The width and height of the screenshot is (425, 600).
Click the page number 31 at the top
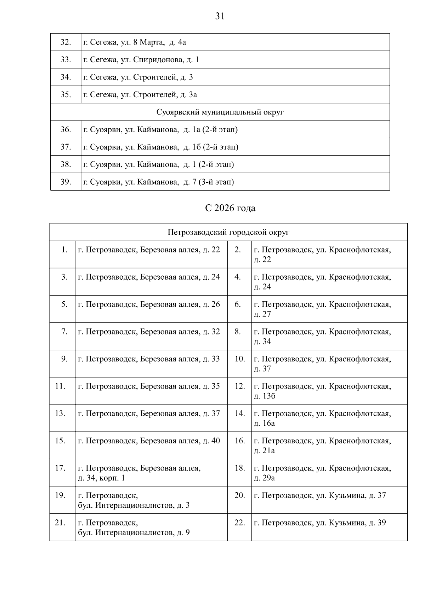(x=220, y=16)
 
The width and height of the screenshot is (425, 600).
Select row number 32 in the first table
(x=66, y=42)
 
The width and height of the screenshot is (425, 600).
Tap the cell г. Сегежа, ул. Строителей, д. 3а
(x=140, y=95)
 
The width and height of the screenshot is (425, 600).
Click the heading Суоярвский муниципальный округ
(x=220, y=112)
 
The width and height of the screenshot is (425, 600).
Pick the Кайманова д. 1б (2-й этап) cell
(x=161, y=147)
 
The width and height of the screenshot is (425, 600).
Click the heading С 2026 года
(x=230, y=208)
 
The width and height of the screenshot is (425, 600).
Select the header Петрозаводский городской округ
(x=228, y=232)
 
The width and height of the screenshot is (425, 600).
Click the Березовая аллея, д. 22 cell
(x=149, y=250)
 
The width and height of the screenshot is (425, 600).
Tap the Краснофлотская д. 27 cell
(x=322, y=309)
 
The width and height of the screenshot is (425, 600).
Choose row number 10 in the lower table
(x=240, y=359)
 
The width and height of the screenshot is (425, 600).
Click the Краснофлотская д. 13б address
(x=322, y=391)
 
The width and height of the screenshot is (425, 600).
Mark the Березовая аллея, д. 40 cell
(x=149, y=441)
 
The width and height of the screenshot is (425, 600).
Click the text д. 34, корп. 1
(x=101, y=478)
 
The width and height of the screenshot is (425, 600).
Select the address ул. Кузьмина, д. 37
(x=320, y=495)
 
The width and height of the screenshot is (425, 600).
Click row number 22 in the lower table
(x=240, y=523)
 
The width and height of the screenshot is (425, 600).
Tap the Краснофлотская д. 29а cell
(x=322, y=473)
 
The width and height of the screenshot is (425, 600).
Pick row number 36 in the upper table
(x=66, y=129)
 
